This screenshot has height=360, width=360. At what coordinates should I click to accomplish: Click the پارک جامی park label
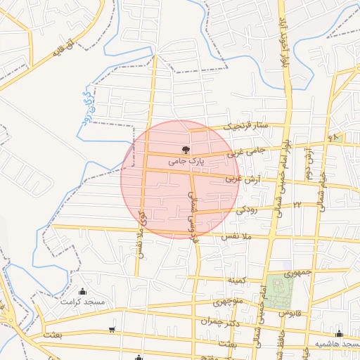pos(186,161)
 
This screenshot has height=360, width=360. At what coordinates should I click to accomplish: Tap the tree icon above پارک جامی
pos(186,149)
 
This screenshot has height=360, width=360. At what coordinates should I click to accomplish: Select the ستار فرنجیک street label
pos(247,127)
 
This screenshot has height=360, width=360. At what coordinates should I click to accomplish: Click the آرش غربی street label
pos(238,180)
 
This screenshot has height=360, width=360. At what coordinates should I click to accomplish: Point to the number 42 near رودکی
pos(297,204)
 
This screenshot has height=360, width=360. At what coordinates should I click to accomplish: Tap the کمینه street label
pos(236,280)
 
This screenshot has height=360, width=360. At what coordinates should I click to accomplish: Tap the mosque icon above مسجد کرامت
pos(84,291)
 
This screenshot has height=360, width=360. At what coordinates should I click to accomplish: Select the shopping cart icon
pos(112,329)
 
